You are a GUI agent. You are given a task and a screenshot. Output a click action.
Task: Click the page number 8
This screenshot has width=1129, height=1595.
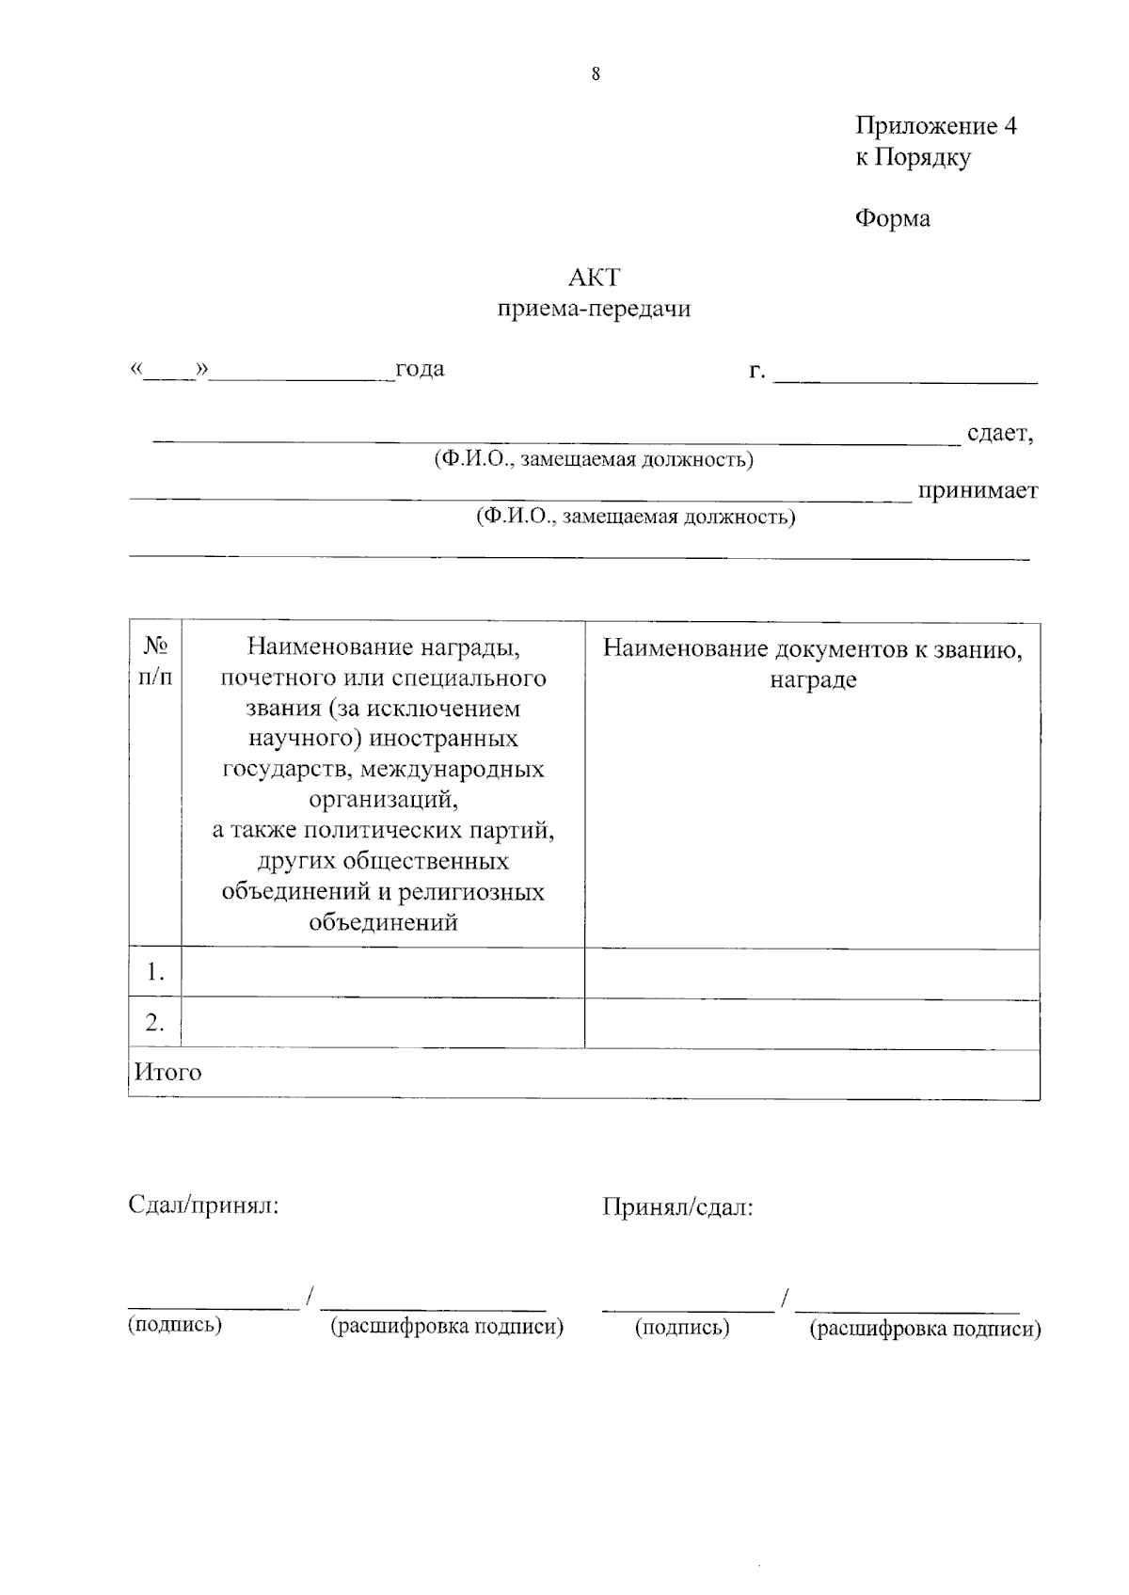tap(596, 75)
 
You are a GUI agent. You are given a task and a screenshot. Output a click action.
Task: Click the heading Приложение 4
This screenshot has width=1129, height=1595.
tap(935, 126)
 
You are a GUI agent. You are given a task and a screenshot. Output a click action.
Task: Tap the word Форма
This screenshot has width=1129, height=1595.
tap(892, 218)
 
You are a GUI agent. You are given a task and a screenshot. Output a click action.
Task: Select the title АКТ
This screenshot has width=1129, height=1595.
tap(595, 278)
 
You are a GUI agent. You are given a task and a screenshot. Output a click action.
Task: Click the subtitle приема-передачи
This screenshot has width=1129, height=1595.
tap(595, 309)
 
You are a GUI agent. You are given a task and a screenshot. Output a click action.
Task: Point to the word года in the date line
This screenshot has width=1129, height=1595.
tap(420, 369)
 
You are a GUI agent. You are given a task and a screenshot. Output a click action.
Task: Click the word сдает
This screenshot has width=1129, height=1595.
tap(999, 434)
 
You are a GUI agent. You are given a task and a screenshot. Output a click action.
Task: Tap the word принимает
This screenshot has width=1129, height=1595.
tap(978, 490)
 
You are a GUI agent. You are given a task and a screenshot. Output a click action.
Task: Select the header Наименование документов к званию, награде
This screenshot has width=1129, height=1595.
tap(812, 663)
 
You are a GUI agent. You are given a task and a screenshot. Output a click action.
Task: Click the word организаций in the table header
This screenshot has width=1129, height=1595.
tap(383, 799)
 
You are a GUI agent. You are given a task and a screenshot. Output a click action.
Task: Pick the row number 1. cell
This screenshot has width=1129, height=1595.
tap(155, 972)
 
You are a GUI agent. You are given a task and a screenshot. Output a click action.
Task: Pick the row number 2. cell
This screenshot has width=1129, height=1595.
tap(155, 1023)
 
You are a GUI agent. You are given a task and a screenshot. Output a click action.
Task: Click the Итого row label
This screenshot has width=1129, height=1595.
tap(168, 1073)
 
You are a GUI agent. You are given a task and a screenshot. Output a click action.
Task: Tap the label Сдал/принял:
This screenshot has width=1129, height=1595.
tap(203, 1205)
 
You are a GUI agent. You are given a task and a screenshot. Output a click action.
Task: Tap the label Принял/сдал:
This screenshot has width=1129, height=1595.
tap(677, 1207)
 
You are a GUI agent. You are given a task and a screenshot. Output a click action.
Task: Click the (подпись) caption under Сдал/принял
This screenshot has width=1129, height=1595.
tap(175, 1325)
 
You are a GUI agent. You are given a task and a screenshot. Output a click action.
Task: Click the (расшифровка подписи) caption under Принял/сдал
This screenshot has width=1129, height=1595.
tap(925, 1329)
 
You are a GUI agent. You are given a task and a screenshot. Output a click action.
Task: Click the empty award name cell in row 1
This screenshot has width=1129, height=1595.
tap(383, 972)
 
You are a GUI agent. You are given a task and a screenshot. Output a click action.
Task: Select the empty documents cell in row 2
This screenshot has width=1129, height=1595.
tap(812, 1023)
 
